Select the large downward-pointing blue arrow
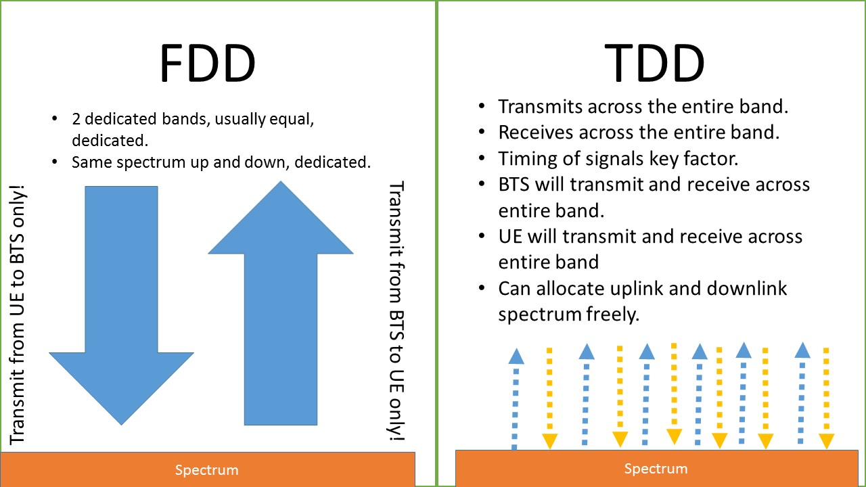point(122,304)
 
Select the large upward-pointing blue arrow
point(281,304)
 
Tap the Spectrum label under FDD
point(207,470)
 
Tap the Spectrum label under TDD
point(655,468)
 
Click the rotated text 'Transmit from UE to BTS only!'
point(18,315)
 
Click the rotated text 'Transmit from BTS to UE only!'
point(396,311)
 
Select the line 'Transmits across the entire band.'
point(643,106)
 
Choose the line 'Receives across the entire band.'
point(639,132)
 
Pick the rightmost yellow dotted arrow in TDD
point(826,399)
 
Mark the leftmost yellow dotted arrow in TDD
point(549,399)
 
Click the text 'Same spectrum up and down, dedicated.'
point(221,162)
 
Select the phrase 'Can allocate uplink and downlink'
point(643,289)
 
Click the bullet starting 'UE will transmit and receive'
point(649,237)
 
